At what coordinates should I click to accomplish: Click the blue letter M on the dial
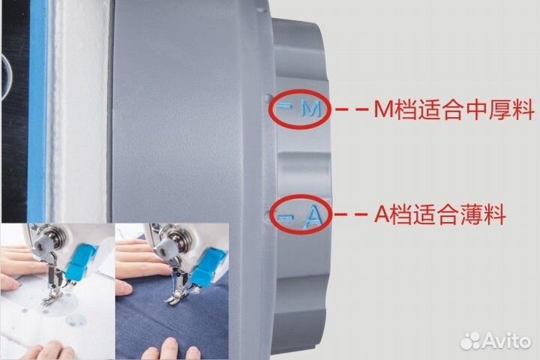(x=310, y=109)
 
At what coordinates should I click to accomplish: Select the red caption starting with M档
(x=454, y=111)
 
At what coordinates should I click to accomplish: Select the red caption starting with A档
(x=439, y=217)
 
